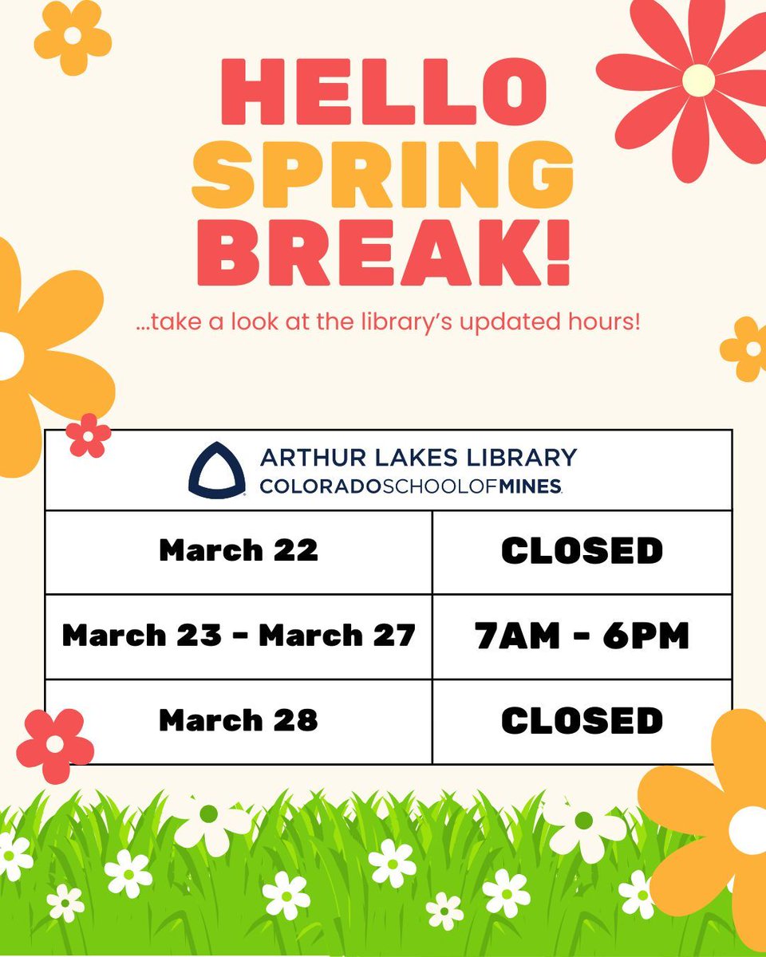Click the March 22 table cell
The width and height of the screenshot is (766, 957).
click(x=238, y=551)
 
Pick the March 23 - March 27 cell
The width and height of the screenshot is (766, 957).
click(x=238, y=636)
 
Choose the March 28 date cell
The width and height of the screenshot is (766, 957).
click(x=238, y=721)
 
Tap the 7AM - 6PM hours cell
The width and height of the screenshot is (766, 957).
click(x=582, y=636)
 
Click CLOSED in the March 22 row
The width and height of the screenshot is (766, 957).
click(x=582, y=551)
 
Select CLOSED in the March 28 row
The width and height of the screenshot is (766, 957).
click(x=582, y=721)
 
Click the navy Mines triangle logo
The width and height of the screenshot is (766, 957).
click(x=215, y=471)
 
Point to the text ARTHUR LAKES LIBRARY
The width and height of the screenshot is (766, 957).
click(x=417, y=457)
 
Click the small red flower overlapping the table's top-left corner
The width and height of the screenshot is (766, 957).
click(x=87, y=435)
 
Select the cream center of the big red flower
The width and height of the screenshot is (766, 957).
click(x=698, y=80)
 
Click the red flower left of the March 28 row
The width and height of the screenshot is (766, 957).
click(x=54, y=745)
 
